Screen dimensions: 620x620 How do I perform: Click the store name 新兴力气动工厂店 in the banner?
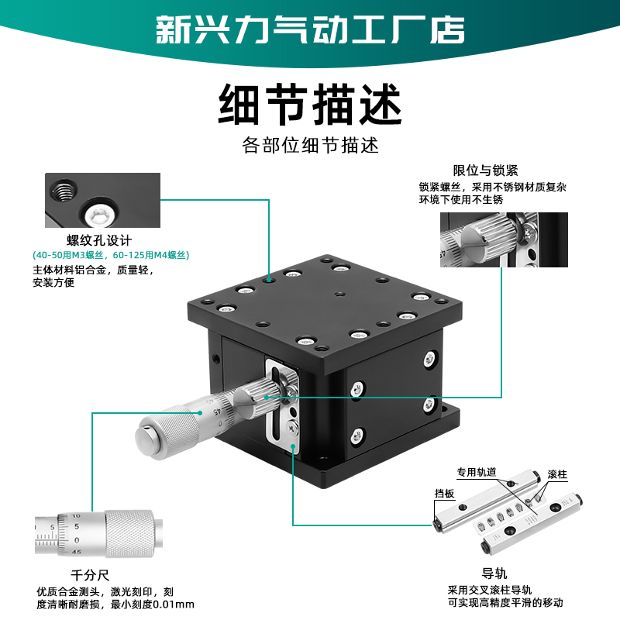coord(310,29)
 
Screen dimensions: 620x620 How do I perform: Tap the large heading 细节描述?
coord(310,105)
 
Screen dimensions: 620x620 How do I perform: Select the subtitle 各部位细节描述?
coord(310,146)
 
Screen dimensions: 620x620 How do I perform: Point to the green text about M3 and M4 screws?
coord(111,254)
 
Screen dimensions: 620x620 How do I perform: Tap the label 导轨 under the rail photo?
coord(494,573)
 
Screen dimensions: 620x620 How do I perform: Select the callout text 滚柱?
coord(557,474)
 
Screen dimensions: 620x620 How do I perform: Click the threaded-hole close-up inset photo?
coord(103,200)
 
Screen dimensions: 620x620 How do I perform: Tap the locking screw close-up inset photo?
coord(504,239)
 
